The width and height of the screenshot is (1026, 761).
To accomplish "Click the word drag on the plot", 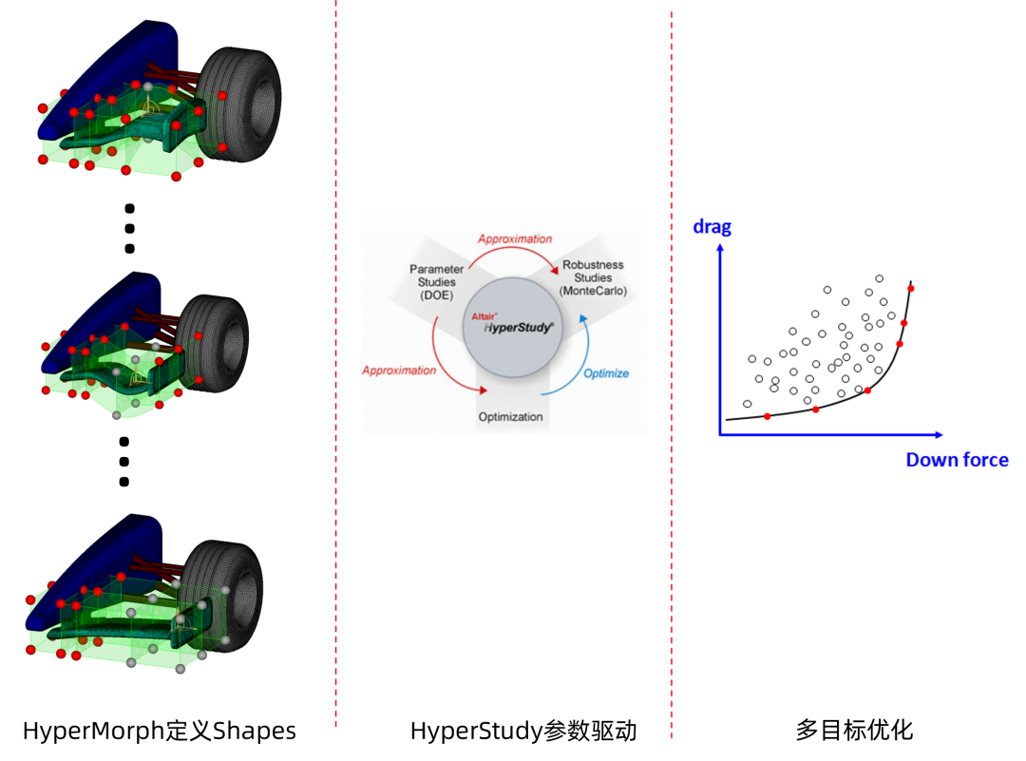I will [x=712, y=227].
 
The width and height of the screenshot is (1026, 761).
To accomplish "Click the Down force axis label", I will [x=957, y=460].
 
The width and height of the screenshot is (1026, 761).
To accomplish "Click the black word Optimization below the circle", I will [x=510, y=417].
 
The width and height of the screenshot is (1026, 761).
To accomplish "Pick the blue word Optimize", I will [x=606, y=373].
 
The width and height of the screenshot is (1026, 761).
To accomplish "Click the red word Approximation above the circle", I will [x=515, y=239].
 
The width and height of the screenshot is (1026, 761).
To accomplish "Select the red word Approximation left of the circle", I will [x=399, y=371].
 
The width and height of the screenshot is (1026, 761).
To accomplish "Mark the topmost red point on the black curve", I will [x=910, y=288].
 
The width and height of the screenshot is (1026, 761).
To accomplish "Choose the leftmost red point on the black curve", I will [x=767, y=416].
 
